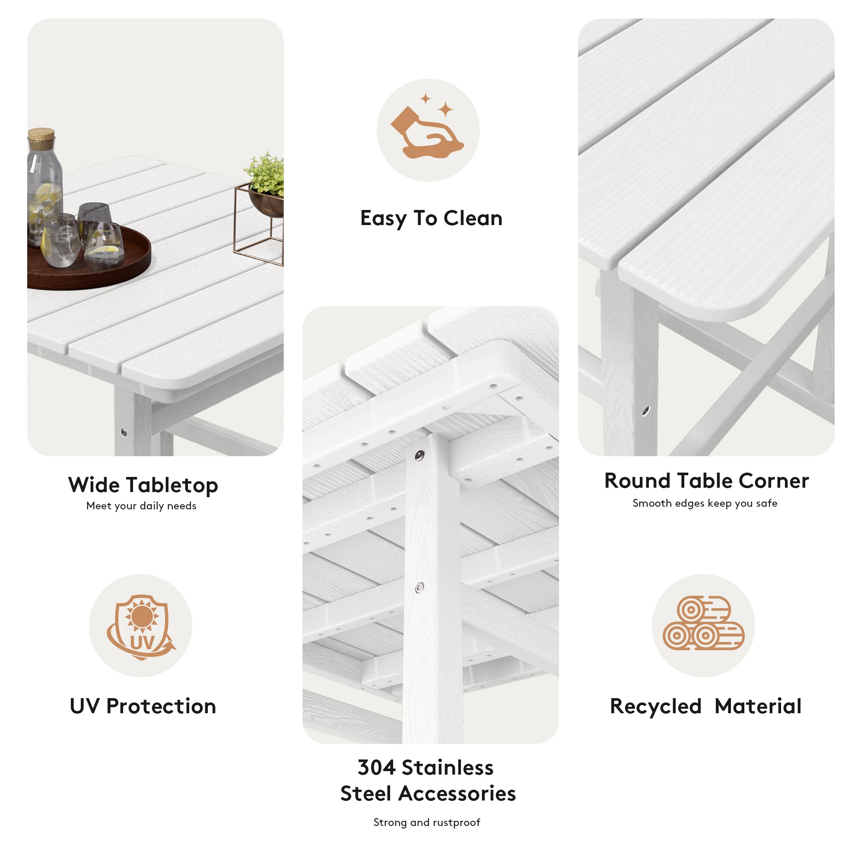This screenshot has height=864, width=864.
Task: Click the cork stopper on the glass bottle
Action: pos(41,134)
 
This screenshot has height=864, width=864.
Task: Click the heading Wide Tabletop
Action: pos(143,485)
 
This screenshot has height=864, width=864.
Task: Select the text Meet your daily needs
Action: pos(141,506)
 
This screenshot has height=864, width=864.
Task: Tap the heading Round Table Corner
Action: pos(706,481)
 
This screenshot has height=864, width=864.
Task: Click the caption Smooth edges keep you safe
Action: pos(705,503)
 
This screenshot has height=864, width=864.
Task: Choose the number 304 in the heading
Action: pos(376,767)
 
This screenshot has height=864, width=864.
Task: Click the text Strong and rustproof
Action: pos(427,823)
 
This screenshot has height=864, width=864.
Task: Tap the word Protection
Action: pos(161,706)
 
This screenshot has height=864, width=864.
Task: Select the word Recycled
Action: pos(656,706)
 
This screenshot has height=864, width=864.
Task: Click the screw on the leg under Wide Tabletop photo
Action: pos(124,432)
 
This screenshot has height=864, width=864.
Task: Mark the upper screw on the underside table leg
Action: pos(419,456)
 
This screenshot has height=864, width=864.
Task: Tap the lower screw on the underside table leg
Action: pos(419,588)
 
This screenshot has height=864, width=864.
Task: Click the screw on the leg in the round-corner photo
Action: pos(645,410)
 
